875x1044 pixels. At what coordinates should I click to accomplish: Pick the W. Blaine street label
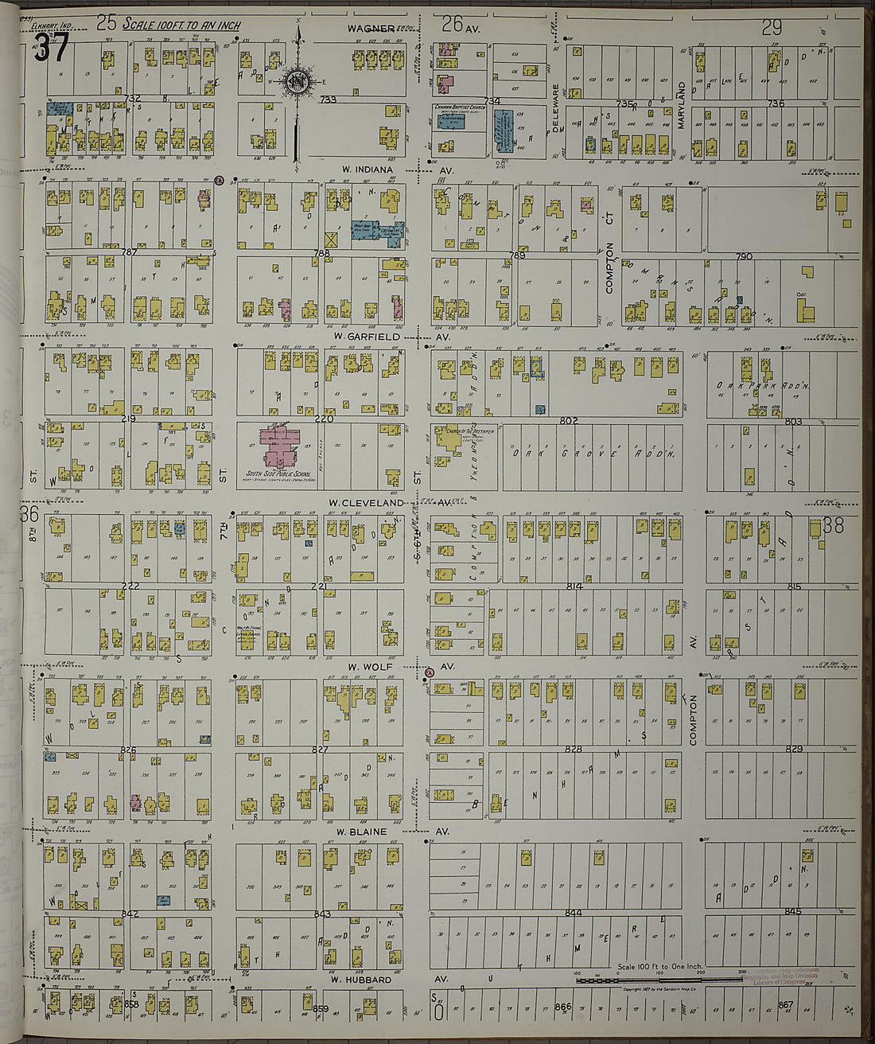[x=360, y=832]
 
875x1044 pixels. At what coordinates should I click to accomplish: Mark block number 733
[x=328, y=100]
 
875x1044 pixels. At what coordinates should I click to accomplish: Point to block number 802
[x=568, y=420]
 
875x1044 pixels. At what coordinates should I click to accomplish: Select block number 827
[x=320, y=750]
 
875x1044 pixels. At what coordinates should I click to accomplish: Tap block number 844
[x=573, y=913]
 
